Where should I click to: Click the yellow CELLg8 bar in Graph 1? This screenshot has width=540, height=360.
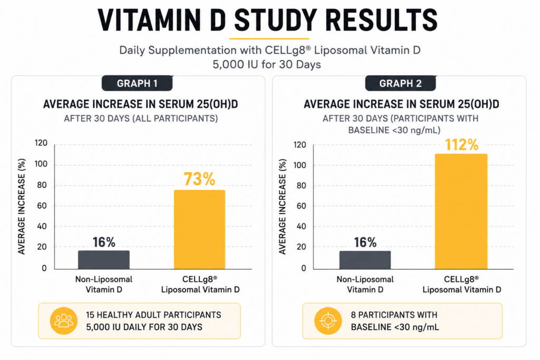tap(199, 229)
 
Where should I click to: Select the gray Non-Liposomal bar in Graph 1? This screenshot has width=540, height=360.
tap(104, 259)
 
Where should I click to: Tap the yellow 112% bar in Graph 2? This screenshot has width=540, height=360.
tap(461, 211)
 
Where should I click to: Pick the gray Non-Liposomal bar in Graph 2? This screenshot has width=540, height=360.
tap(365, 260)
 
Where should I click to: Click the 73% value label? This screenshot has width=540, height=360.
tap(199, 179)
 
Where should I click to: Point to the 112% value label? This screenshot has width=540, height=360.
tap(461, 144)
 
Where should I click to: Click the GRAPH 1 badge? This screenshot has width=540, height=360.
tap(137, 83)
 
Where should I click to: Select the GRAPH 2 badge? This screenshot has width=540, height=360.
tap(401, 83)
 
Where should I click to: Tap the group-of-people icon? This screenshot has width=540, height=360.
tap(64, 321)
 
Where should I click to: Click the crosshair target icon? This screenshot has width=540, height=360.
tap(328, 321)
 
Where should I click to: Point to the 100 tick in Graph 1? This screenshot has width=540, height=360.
tap(41, 164)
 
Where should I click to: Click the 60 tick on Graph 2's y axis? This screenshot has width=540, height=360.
tap(301, 206)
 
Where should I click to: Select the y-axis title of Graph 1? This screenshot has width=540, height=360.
tap(22, 207)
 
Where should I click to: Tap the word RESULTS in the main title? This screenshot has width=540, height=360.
tap(381, 21)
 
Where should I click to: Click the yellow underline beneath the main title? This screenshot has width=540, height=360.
tap(269, 38)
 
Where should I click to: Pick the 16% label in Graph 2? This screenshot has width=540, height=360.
tap(365, 242)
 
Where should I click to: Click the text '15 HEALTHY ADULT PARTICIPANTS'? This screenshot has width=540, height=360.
tap(153, 315)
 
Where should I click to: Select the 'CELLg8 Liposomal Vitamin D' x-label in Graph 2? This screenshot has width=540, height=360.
tap(461, 284)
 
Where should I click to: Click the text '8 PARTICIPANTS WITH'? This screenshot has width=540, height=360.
tap(394, 315)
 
